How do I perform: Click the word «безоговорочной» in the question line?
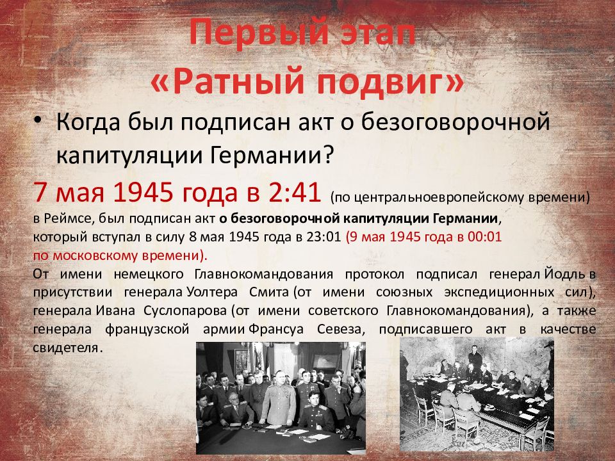[455, 122]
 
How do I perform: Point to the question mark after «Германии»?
[328, 155]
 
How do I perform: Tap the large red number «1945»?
[143, 192]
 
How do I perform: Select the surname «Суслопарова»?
[185, 311]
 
